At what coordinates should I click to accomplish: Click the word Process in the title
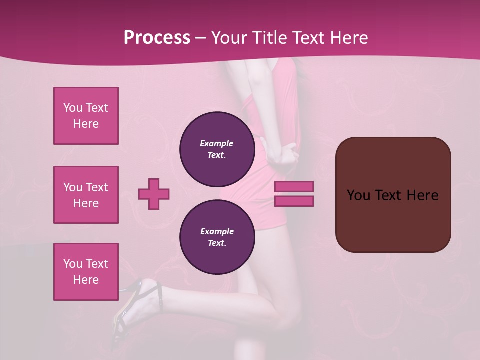click(x=157, y=38)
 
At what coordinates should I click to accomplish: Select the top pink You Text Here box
click(x=86, y=116)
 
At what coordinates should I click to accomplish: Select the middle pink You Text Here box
click(x=86, y=195)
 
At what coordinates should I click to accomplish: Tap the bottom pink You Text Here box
click(x=86, y=272)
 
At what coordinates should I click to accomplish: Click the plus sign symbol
click(x=154, y=194)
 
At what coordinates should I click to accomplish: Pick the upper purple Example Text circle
click(x=217, y=149)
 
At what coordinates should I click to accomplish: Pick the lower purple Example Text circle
click(x=217, y=237)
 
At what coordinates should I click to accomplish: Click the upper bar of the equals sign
click(x=294, y=187)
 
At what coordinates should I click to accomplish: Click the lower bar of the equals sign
click(x=294, y=201)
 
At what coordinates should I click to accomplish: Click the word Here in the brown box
click(x=422, y=195)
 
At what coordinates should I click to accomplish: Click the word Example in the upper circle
click(x=217, y=143)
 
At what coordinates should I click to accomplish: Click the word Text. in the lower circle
click(x=217, y=243)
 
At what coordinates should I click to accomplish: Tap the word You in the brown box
click(x=358, y=195)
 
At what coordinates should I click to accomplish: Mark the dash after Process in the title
click(x=201, y=38)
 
